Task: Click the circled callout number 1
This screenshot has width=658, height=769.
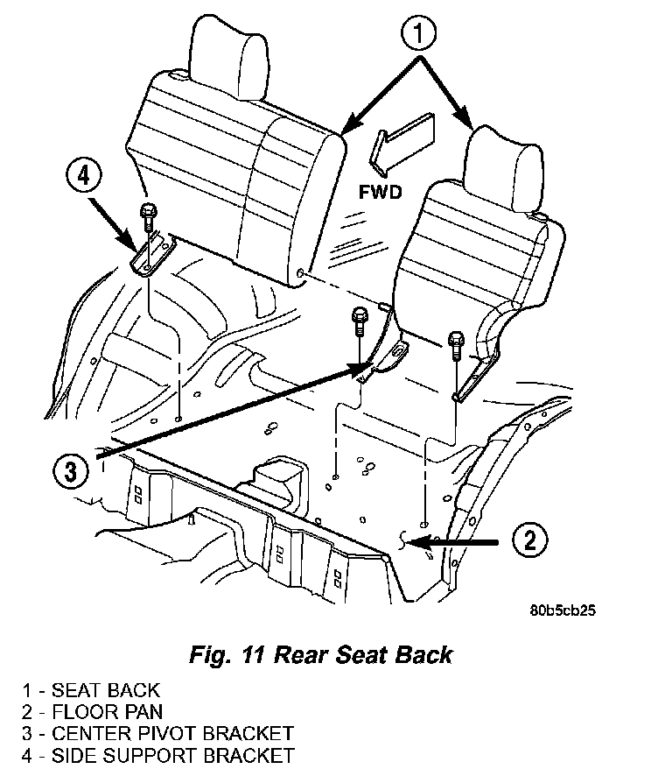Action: (x=418, y=33)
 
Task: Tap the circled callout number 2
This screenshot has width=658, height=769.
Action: (x=530, y=540)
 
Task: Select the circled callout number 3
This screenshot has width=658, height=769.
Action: (x=71, y=471)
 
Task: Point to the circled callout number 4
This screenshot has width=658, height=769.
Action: (x=84, y=175)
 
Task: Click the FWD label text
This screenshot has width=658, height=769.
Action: (x=381, y=192)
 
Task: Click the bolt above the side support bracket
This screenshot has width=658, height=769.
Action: (x=148, y=216)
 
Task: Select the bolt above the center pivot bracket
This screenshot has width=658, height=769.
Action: (x=359, y=321)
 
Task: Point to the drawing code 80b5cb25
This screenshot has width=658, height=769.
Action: (x=562, y=610)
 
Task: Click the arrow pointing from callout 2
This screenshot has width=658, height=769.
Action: (x=453, y=542)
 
